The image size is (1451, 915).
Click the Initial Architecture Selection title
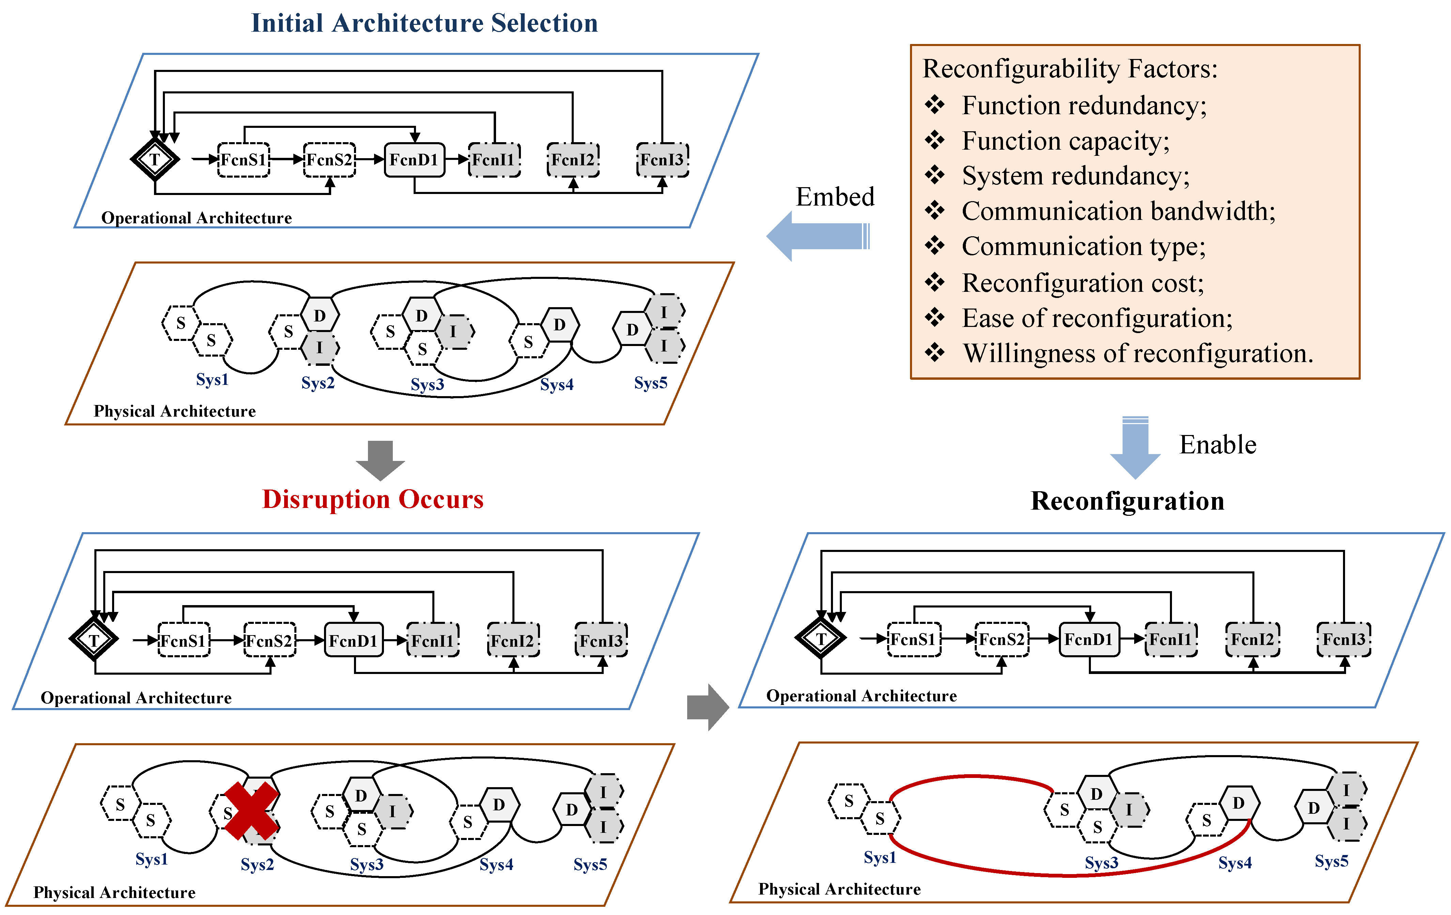point(424,23)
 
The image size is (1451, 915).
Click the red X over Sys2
point(251,811)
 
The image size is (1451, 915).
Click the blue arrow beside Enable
point(1135,448)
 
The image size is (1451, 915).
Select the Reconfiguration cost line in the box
point(1082,283)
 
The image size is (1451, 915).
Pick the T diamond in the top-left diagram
point(155,160)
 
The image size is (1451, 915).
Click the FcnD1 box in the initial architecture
point(414,160)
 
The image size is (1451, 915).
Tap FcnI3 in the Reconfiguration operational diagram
point(1344,640)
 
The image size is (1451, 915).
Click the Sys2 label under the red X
point(257,864)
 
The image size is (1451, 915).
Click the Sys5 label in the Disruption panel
point(590,864)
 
